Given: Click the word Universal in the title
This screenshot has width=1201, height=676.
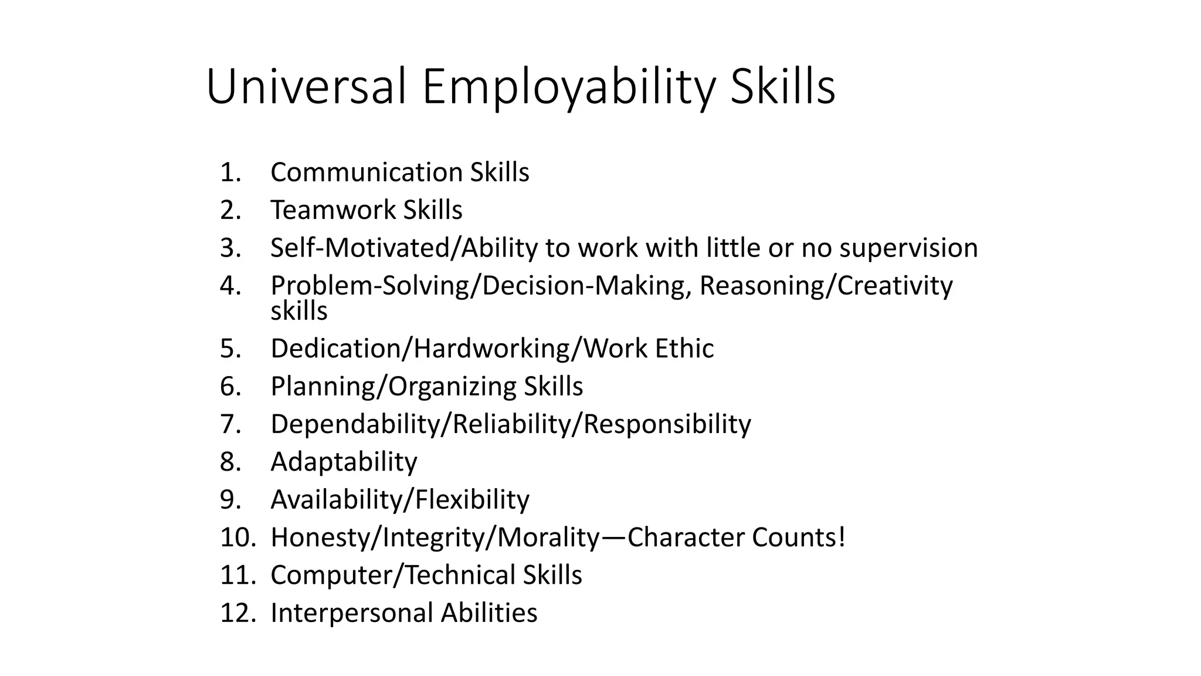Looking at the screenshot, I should pos(306,87).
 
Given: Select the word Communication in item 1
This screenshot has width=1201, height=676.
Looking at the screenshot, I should pos(367,173).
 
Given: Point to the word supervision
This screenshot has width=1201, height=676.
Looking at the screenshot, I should pos(908,248).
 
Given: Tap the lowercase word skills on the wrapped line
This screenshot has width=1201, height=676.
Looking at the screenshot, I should pos(298,310).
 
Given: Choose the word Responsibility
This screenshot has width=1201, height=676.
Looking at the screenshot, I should pos(667,424).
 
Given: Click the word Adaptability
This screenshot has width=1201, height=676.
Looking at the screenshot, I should pos(344,462).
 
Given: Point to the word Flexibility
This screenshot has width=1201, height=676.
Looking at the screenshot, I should pos(472,500).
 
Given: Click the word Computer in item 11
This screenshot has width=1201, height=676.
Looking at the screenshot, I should pos(333,575).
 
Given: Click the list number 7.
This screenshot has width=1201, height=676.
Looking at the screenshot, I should pos(230,424).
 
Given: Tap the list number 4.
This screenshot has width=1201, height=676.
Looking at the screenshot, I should pos(230,286).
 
